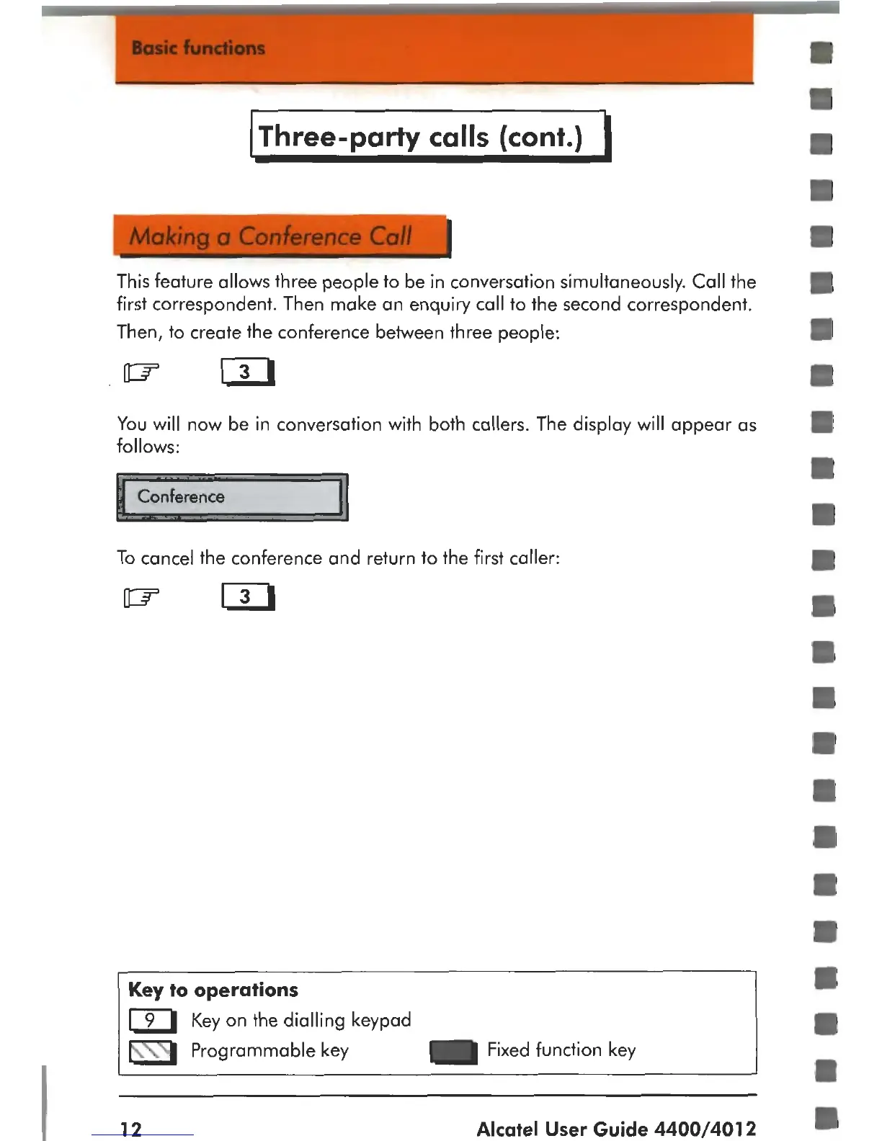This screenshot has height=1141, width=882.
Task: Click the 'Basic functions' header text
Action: (x=198, y=48)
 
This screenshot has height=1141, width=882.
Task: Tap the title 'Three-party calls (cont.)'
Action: (x=421, y=136)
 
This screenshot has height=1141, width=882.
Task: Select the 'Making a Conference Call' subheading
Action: (x=270, y=236)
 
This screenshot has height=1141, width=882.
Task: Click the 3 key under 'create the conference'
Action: (x=247, y=372)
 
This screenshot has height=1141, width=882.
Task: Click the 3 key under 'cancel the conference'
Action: (x=247, y=596)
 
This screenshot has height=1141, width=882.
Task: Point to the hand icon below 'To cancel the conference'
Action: (x=141, y=597)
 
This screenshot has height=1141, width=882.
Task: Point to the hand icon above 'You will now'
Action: (x=141, y=372)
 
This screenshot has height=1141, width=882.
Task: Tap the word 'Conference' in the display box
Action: (x=181, y=496)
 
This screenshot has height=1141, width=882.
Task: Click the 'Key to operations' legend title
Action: (x=213, y=990)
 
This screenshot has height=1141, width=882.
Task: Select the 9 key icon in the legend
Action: (x=152, y=1021)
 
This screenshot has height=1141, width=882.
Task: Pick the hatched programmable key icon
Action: (x=152, y=1052)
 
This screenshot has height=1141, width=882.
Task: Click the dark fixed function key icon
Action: (x=453, y=1052)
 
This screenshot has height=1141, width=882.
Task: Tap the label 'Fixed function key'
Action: (x=561, y=1050)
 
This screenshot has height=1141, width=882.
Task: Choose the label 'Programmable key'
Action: (x=269, y=1050)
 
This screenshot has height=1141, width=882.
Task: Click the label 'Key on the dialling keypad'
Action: (x=301, y=1020)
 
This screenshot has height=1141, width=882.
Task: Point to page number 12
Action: (x=131, y=1128)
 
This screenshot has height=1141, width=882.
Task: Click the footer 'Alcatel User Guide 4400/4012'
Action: (x=616, y=1128)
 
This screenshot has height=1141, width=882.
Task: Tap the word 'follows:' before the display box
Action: (x=148, y=447)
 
